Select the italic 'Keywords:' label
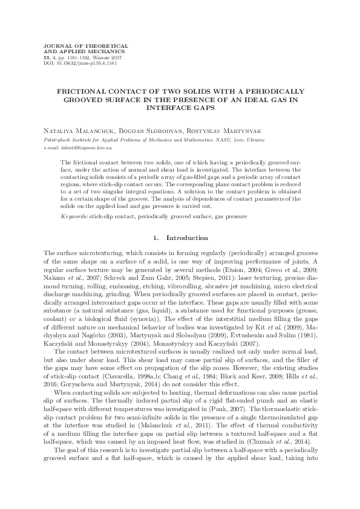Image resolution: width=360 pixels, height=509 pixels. tap(74, 215)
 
